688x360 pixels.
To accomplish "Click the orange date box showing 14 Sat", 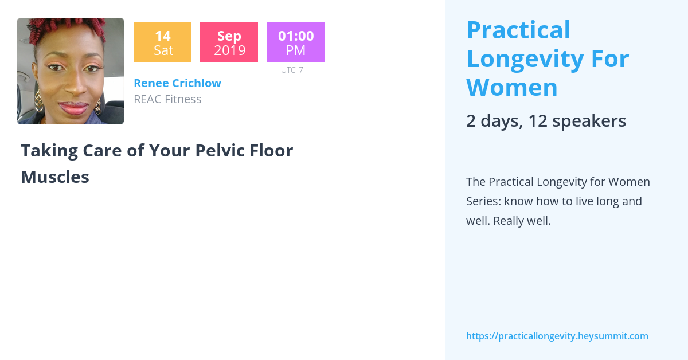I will point(162,42).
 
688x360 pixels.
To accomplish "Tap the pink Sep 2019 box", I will point(229,42).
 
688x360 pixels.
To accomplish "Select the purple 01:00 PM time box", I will point(295,42).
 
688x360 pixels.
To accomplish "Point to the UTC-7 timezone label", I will point(292,70).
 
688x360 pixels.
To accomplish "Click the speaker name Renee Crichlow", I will point(177,83).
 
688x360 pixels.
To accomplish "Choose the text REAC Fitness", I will point(167,99).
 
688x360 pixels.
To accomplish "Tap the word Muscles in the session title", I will point(55,177).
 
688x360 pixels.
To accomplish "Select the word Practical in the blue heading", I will point(518,30).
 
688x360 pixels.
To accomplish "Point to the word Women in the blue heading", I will point(512,87).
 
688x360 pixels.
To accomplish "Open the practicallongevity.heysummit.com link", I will point(557,336).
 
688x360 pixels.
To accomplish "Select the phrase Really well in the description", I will point(521,221).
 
